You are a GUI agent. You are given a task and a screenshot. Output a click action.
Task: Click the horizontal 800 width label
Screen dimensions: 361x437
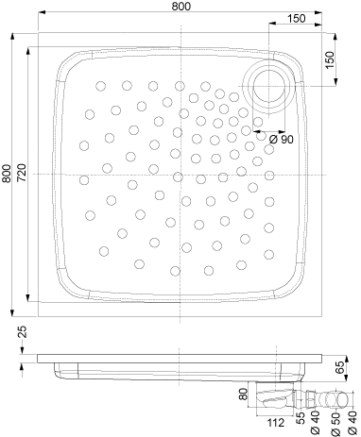pos(181,6)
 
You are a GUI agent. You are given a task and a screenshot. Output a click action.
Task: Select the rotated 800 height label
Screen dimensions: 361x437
pos(7,174)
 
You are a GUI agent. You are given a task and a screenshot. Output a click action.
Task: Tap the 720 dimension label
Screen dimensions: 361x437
pos(22,173)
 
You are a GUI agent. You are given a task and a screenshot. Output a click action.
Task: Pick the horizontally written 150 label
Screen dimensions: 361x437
pos(297,19)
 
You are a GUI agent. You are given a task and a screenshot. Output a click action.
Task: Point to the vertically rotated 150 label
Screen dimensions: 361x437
pos(330,60)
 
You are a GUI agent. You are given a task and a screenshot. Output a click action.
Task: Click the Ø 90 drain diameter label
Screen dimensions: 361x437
pos(282,140)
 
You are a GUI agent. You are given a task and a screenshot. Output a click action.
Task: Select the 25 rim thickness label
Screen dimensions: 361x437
pos(22,332)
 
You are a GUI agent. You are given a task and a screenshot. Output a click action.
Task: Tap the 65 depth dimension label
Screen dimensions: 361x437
pos(339,368)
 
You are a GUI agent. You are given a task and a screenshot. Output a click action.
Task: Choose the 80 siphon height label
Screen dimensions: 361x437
pos(243,394)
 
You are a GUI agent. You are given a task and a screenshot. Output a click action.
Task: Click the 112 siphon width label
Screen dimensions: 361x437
pos(275,423)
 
